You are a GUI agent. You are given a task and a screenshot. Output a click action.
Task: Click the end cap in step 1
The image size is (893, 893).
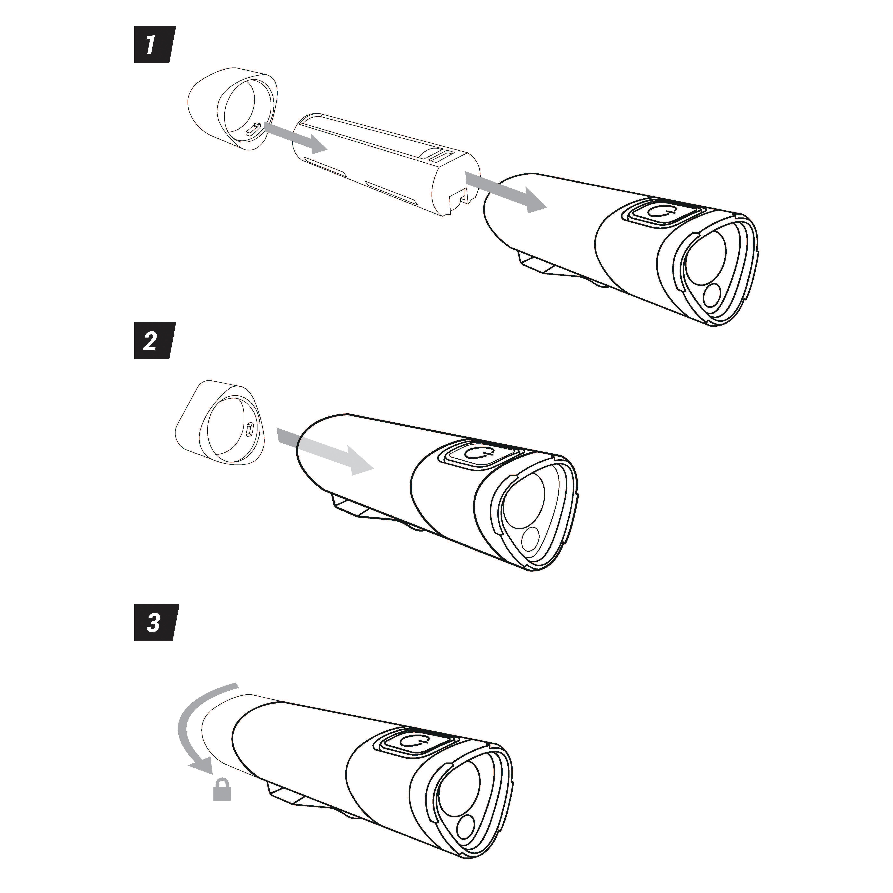coord(231,109)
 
